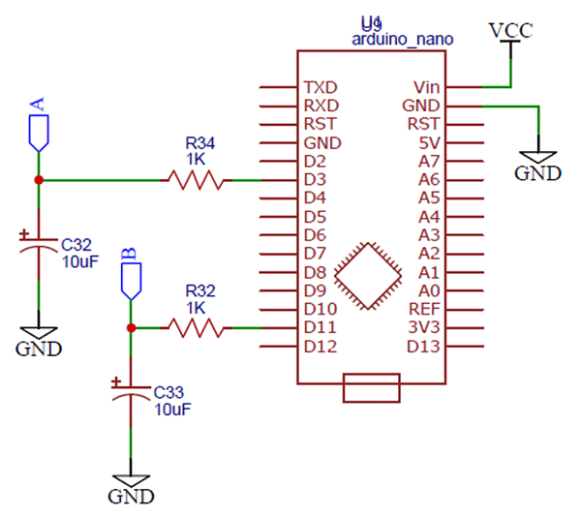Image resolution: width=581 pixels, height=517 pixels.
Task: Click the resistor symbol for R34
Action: click(x=197, y=179)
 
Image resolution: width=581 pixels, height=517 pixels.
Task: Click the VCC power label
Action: click(x=510, y=31)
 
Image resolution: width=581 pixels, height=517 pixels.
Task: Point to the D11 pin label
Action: click(x=319, y=328)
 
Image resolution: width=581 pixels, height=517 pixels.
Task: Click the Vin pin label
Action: click(x=425, y=86)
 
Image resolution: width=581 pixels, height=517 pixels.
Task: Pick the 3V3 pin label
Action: click(x=424, y=328)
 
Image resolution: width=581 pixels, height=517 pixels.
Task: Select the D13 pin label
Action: click(x=423, y=347)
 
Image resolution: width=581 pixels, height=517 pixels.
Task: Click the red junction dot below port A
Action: click(x=38, y=180)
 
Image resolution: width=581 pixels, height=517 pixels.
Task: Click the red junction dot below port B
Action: click(x=131, y=328)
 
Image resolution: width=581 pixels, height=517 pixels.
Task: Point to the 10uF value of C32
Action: click(x=79, y=260)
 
